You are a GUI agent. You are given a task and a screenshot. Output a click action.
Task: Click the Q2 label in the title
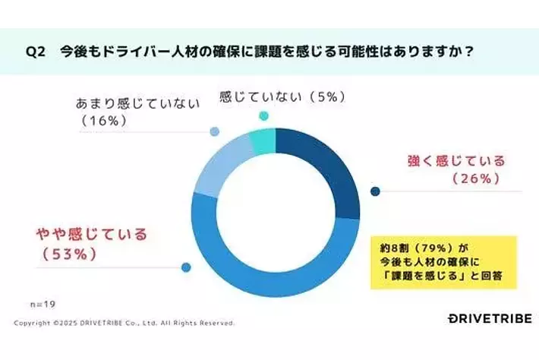click(x=36, y=52)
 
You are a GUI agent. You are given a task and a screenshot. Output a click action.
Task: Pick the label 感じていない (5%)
click(x=282, y=96)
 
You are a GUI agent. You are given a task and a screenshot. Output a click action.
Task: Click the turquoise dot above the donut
click(x=264, y=115)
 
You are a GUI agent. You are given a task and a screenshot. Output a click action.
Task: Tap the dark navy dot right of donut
click(x=374, y=191)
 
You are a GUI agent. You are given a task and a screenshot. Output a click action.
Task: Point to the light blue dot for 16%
click(x=215, y=131)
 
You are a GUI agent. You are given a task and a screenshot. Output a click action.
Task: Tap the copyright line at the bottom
click(x=125, y=322)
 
